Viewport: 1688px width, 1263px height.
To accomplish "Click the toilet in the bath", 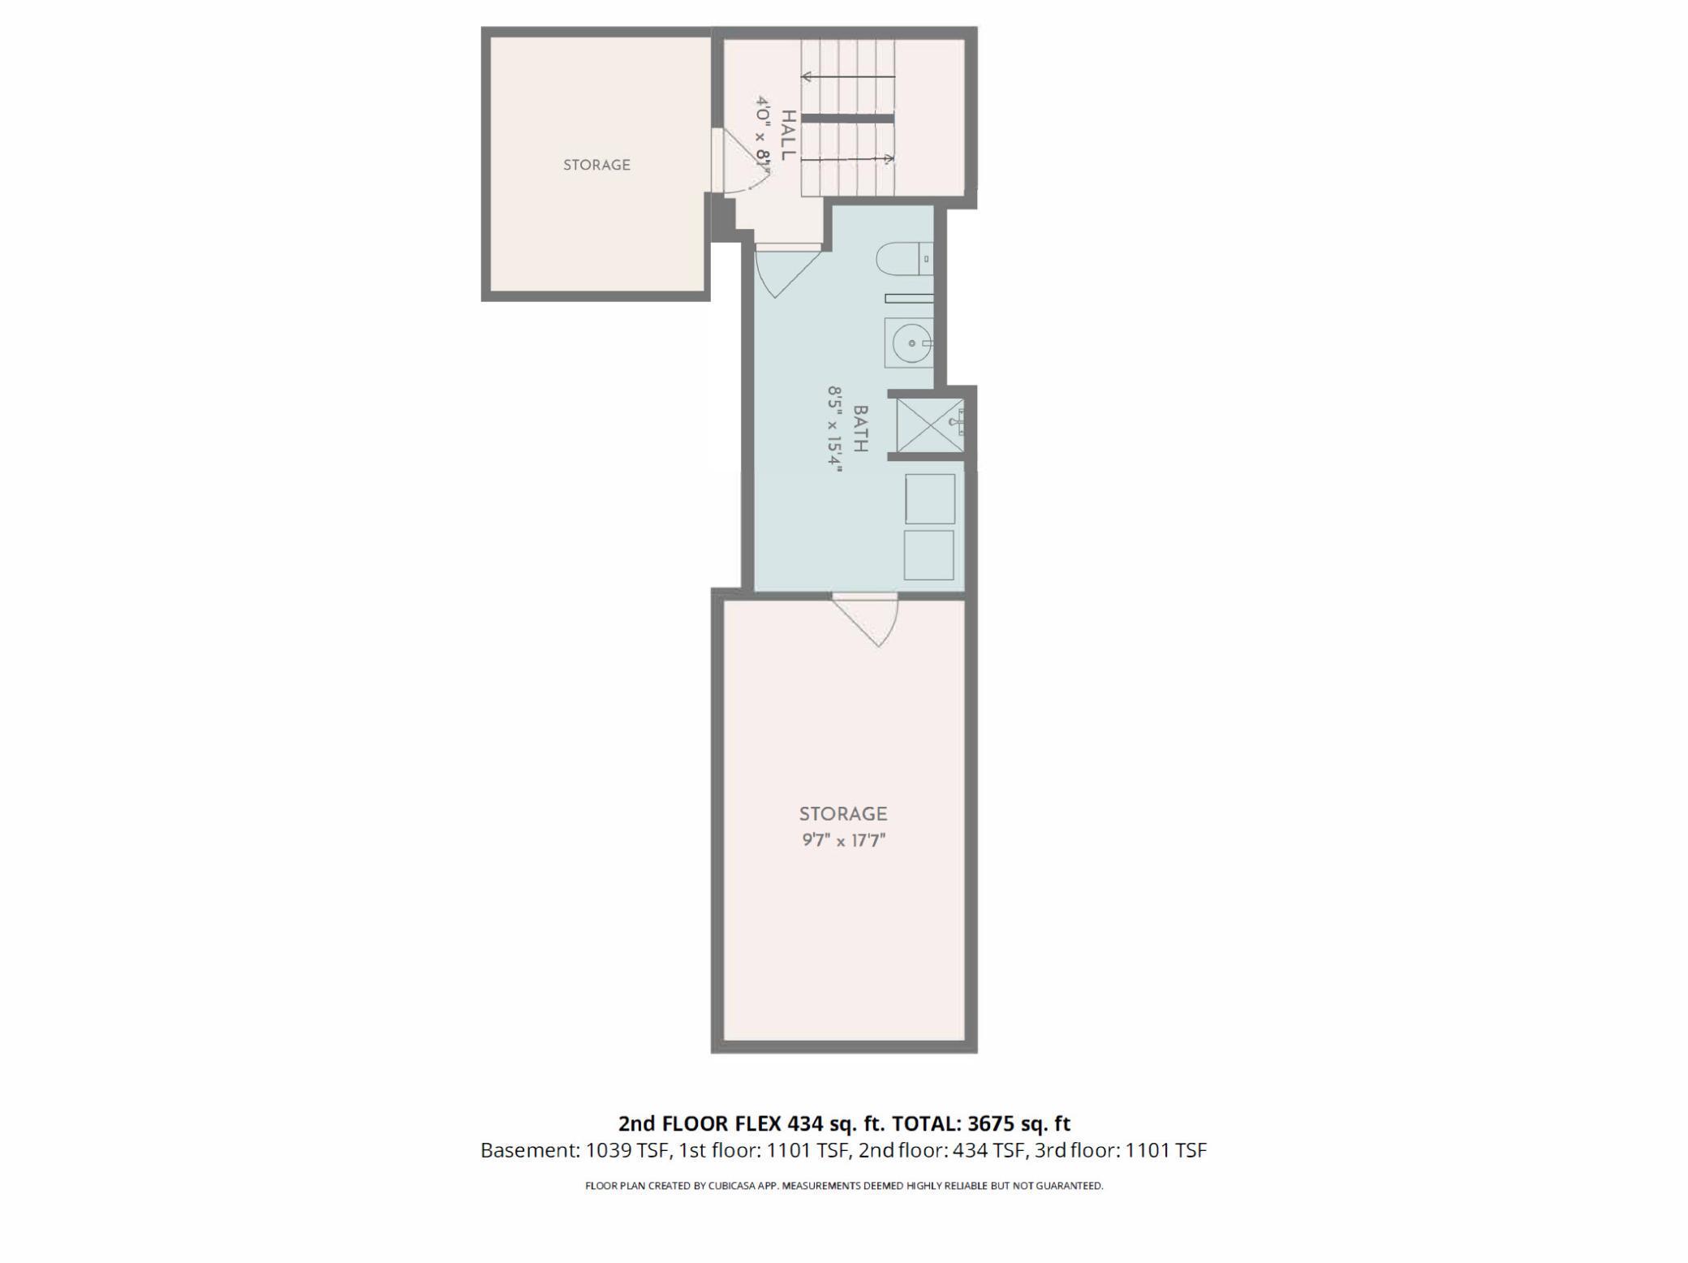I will tap(901, 259).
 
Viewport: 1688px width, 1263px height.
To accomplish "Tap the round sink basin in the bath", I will tap(911, 343).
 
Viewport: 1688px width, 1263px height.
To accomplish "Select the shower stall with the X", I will tap(929, 424).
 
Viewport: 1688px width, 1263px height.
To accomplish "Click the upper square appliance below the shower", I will tap(929, 499).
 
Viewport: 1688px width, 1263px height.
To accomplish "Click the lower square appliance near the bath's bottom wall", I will tap(928, 555).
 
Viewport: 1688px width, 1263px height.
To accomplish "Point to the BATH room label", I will tap(860, 429).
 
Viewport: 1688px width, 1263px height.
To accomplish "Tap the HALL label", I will tap(787, 135).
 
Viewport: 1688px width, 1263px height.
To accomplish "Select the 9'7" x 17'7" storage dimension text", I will tap(843, 840).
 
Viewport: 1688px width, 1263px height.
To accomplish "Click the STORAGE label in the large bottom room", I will tap(843, 813).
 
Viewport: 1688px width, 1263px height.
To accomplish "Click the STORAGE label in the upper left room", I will tap(596, 165).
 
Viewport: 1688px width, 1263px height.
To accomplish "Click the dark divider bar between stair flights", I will tap(847, 119).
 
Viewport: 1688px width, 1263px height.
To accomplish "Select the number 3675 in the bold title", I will tap(991, 1123).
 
